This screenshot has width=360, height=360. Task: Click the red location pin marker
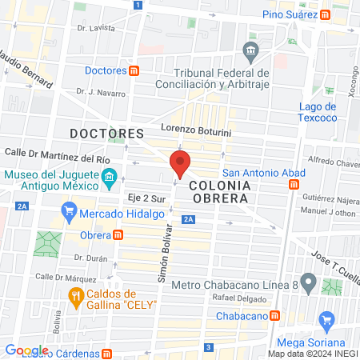point(180,164)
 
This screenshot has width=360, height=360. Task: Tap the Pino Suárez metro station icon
point(325,14)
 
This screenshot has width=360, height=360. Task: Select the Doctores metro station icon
point(134,70)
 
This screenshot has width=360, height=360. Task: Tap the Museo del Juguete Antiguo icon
point(110,176)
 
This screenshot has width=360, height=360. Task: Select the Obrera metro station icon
point(118,235)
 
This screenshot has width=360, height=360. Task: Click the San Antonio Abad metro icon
point(294,184)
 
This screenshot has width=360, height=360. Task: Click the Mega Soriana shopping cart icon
point(326,322)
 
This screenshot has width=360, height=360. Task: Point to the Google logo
point(27,350)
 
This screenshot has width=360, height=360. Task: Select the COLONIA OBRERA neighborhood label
point(220,191)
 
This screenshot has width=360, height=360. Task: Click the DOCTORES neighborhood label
point(106,132)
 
